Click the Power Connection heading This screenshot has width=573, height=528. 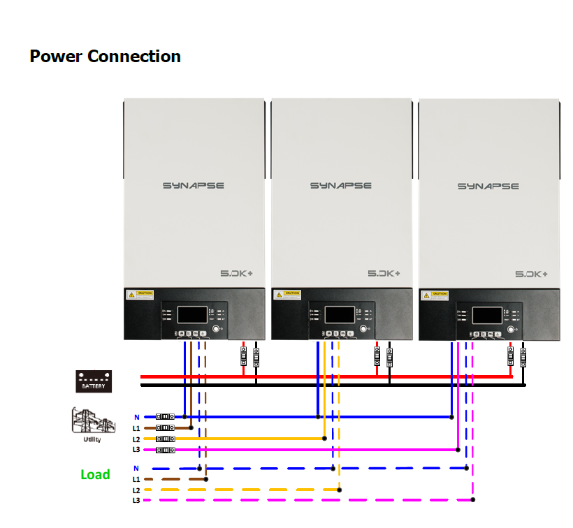(105, 57)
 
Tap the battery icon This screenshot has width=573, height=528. (93, 381)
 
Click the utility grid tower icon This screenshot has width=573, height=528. (91, 421)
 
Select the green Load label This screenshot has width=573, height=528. (95, 475)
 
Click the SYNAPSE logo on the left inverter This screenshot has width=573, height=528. (194, 186)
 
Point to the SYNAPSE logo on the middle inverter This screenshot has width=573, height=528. (341, 186)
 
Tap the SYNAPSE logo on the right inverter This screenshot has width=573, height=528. (488, 186)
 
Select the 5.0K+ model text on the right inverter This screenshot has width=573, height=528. (532, 274)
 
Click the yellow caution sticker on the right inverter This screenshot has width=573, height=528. (434, 295)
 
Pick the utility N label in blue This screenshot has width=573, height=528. (137, 417)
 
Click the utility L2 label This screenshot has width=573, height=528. (136, 439)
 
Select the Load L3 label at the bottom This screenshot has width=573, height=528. (136, 501)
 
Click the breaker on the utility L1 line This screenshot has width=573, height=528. (165, 427)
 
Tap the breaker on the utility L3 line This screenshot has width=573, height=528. (165, 450)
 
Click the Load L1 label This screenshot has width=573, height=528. (136, 480)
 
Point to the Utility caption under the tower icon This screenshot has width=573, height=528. (92, 439)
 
